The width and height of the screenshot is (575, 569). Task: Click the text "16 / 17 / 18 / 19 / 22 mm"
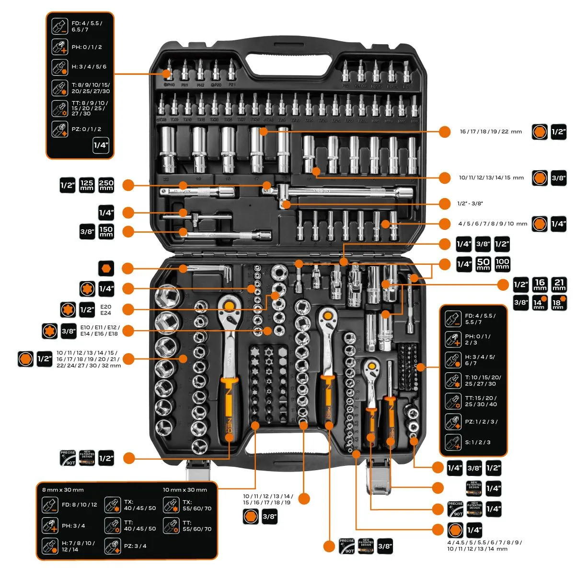(490, 131)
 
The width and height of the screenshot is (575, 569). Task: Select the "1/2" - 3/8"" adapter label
(470, 203)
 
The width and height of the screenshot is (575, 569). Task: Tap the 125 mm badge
(87, 185)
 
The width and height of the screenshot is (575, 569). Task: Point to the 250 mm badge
(106, 185)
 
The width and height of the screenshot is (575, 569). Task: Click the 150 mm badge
(106, 231)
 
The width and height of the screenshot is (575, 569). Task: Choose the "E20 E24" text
(105, 310)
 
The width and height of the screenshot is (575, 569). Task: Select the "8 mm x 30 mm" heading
(63, 490)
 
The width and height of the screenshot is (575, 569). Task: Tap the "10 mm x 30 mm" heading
(185, 490)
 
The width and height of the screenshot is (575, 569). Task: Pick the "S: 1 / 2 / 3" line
(478, 442)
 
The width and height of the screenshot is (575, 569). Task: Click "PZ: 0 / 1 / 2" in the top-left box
(86, 129)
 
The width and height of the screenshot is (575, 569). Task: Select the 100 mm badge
(502, 264)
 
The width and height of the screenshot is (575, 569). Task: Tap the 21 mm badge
(559, 284)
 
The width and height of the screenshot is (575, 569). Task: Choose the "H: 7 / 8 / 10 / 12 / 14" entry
(78, 546)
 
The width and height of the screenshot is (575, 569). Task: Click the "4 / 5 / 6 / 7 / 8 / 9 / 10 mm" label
(493, 224)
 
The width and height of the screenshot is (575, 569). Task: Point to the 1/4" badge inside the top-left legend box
(101, 145)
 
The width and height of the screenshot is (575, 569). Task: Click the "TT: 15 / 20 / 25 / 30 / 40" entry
(481, 401)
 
